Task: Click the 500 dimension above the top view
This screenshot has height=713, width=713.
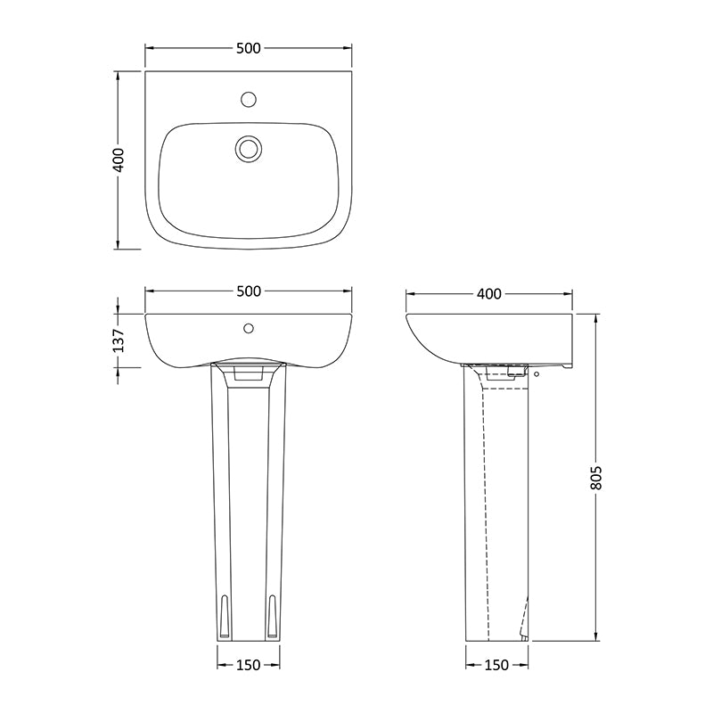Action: pyautogui.click(x=249, y=48)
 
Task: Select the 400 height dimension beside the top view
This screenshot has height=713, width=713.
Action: pyautogui.click(x=119, y=160)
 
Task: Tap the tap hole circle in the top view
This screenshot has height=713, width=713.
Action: pyautogui.click(x=249, y=99)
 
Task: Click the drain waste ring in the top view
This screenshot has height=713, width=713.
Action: pyautogui.click(x=249, y=148)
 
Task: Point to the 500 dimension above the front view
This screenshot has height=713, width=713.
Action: pyautogui.click(x=249, y=291)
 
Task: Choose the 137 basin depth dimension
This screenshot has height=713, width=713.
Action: pyautogui.click(x=119, y=340)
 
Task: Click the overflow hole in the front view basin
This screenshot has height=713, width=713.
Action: pyautogui.click(x=249, y=328)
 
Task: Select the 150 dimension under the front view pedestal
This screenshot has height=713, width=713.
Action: pyautogui.click(x=249, y=665)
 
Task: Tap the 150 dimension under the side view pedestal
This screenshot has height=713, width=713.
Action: pyautogui.click(x=496, y=665)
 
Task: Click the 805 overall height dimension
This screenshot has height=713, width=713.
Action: pyautogui.click(x=595, y=478)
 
